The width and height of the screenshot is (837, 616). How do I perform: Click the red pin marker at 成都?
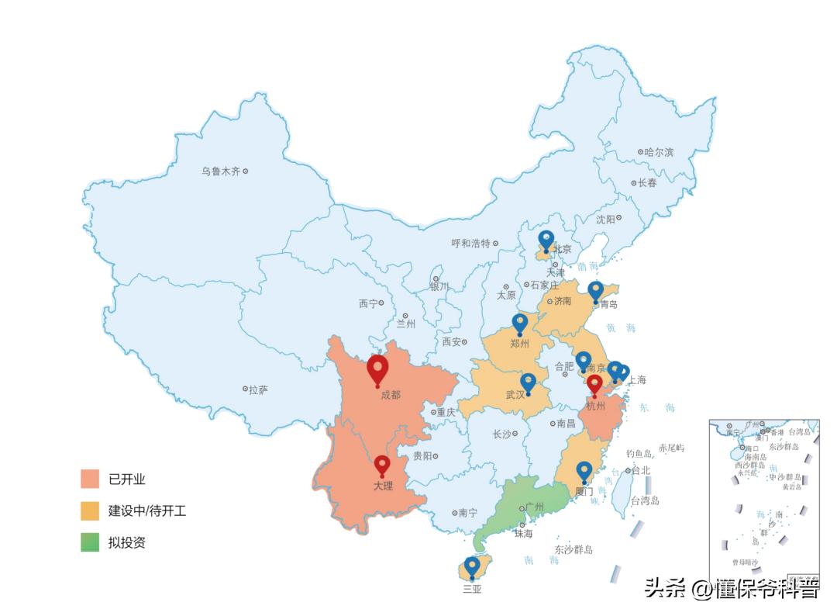tap(377, 369)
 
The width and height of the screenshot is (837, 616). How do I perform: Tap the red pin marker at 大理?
tap(382, 465)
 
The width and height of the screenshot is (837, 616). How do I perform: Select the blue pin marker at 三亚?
tap(472, 566)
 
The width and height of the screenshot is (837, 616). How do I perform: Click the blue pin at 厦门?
tap(584, 470)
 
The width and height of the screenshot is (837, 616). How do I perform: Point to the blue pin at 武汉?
tap(529, 382)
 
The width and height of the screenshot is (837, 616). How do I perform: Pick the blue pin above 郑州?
tap(520, 323)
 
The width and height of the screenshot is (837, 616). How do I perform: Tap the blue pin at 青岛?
tap(595, 290)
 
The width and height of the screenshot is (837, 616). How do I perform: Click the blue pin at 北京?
tap(546, 240)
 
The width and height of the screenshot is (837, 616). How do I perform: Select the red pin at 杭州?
tap(594, 384)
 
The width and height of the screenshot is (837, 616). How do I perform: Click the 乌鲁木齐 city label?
tap(221, 171)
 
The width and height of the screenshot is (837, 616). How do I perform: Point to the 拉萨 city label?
tap(258, 389)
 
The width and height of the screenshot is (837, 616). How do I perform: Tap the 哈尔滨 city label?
tap(659, 152)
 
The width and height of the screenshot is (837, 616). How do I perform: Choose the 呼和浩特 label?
tap(471, 243)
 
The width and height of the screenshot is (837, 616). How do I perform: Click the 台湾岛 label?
tap(644, 501)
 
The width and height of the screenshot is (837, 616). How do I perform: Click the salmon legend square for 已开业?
tap(90, 479)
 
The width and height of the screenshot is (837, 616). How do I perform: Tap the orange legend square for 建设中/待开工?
tap(90, 511)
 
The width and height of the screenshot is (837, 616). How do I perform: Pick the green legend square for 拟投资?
tap(90, 542)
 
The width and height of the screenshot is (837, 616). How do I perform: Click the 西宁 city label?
tap(368, 304)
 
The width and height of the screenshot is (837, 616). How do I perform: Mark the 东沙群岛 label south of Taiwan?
tap(573, 549)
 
